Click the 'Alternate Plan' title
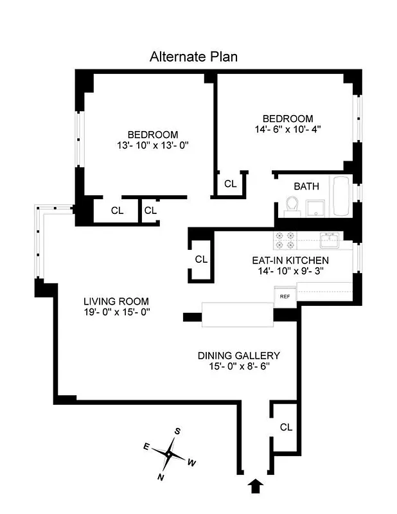point(193,57)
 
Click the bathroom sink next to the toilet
point(315,208)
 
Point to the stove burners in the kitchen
point(285,240)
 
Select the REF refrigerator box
point(284,297)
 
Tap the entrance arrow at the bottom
point(255,486)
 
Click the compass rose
point(168,454)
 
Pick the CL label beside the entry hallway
point(286,427)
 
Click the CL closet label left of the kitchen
point(201,260)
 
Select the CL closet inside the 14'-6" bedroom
point(230,184)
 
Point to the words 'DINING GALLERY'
point(238,355)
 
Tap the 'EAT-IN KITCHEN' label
point(290,260)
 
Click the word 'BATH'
point(306,186)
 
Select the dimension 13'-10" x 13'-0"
point(152,145)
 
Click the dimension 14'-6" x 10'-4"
point(287,129)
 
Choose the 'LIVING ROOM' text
point(116,301)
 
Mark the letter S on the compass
point(178,432)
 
